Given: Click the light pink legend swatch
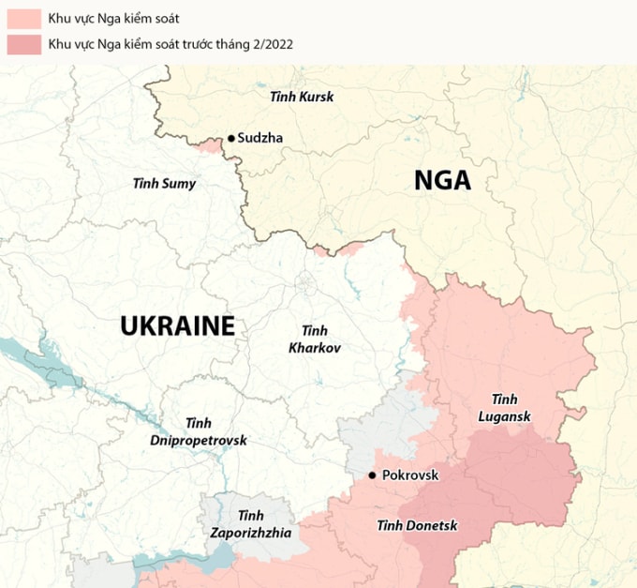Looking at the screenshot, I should pyautogui.click(x=23, y=18).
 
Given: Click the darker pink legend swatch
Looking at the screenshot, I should pyautogui.click(x=23, y=44).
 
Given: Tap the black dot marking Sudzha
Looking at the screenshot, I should pyautogui.click(x=230, y=138).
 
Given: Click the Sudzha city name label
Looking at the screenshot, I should pyautogui.click(x=259, y=138).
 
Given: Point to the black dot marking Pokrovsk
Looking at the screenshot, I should pyautogui.click(x=373, y=475).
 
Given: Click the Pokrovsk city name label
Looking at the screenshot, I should pyautogui.click(x=410, y=475).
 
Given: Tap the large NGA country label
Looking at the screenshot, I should pyautogui.click(x=442, y=180).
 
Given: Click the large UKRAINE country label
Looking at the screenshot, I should pyautogui.click(x=177, y=326).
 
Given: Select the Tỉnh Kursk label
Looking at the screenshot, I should pyautogui.click(x=301, y=97).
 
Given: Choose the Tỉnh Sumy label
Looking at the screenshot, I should pyautogui.click(x=165, y=183).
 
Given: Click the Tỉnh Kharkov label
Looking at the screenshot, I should pyautogui.click(x=315, y=339).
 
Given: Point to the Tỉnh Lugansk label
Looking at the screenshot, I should pyautogui.click(x=504, y=407).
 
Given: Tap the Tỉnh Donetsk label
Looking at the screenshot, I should pyautogui.click(x=417, y=525).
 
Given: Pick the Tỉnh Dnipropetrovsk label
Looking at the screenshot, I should pyautogui.click(x=198, y=431).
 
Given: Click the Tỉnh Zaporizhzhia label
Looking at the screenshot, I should pyautogui.click(x=250, y=523).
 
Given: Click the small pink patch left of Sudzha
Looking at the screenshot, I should pyautogui.click(x=210, y=144).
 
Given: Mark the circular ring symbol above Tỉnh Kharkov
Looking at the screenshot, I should pyautogui.click(x=306, y=280).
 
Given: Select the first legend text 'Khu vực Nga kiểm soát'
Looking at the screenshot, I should pyautogui.click(x=113, y=18).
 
